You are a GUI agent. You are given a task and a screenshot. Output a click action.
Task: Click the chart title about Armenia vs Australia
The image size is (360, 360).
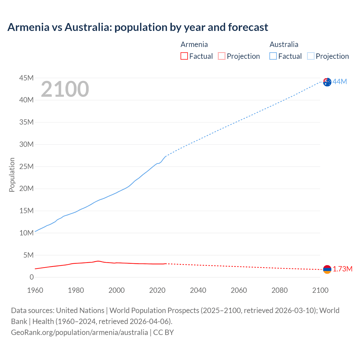(138, 27)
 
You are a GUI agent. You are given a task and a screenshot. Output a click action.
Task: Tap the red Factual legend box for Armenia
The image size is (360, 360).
(184, 56)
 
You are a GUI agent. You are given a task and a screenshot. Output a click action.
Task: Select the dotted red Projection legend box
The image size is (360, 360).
(222, 56)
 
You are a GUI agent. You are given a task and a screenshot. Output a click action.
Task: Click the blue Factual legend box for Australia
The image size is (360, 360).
(273, 56)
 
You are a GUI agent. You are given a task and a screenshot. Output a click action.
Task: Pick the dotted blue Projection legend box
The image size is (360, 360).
(311, 56)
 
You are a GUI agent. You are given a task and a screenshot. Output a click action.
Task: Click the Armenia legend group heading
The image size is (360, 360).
(194, 44)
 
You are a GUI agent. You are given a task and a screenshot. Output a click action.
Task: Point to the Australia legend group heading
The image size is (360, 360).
(284, 44)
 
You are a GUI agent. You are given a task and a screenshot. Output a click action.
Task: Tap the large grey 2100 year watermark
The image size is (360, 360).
(65, 89)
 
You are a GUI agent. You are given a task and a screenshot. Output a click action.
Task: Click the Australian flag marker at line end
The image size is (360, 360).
(327, 82)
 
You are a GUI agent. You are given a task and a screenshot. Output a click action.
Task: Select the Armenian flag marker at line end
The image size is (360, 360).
(327, 269)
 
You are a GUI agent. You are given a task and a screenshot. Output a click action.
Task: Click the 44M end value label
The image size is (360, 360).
(340, 82)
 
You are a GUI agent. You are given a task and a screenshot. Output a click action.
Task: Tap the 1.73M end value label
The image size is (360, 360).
(343, 269)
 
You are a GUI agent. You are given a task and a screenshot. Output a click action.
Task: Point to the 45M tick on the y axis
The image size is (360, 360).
(26, 78)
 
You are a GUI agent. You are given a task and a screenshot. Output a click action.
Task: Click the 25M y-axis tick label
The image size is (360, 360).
(26, 166)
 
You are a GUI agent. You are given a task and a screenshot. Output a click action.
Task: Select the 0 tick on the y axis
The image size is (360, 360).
(31, 277)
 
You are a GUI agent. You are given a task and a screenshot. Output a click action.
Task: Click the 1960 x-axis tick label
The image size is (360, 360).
(35, 290)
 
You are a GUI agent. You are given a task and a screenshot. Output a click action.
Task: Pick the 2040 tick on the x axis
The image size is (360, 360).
(198, 290)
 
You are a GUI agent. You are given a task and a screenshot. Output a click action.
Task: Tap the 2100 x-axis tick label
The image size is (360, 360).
(320, 290)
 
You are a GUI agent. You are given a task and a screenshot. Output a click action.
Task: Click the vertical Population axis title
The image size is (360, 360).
(12, 175)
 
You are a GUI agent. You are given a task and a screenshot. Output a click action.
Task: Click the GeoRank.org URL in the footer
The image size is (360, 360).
(79, 332)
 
